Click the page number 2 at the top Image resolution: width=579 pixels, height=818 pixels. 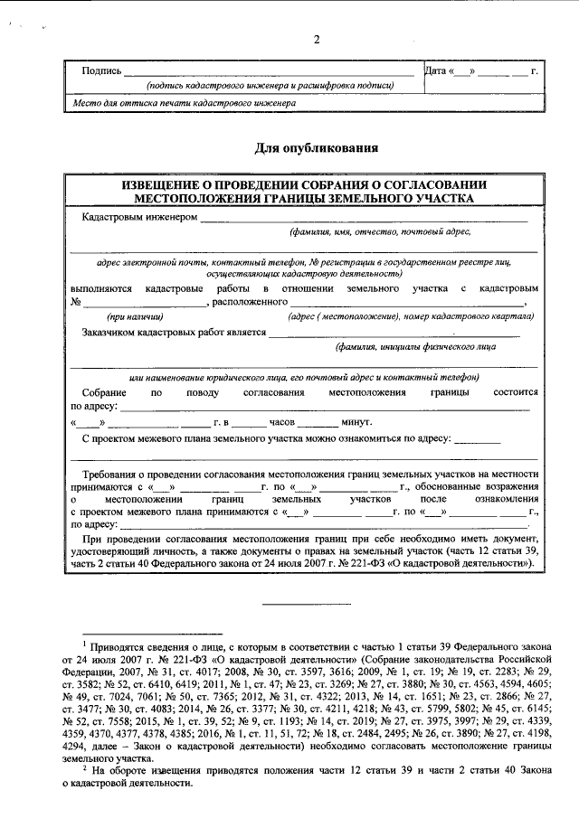coord(317,40)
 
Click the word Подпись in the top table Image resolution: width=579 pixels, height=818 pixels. coord(101,70)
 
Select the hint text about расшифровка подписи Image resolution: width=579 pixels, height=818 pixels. coord(271,85)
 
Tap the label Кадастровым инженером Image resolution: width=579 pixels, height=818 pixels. coord(139,218)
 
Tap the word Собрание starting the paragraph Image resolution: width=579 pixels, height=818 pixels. coord(104,393)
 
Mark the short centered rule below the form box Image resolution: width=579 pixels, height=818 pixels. coord(299,602)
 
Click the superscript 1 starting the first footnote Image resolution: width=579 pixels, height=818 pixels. coord(83,644)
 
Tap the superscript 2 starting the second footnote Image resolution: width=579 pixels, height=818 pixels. coord(83,766)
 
